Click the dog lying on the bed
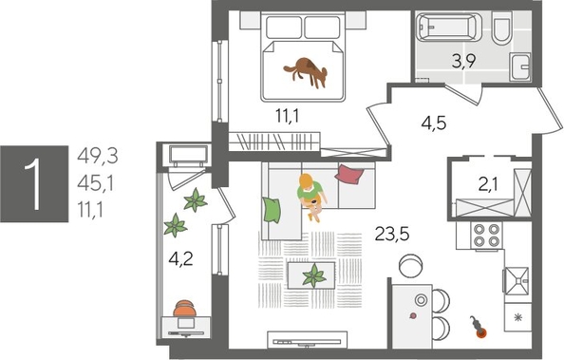tap(307, 70)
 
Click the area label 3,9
tap(462, 64)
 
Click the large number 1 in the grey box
tap(35, 182)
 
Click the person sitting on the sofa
tap(310, 193)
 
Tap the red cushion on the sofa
tap(349, 173)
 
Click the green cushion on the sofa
tap(273, 207)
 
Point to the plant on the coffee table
tap(310, 275)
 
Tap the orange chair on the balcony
tap(187, 309)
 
